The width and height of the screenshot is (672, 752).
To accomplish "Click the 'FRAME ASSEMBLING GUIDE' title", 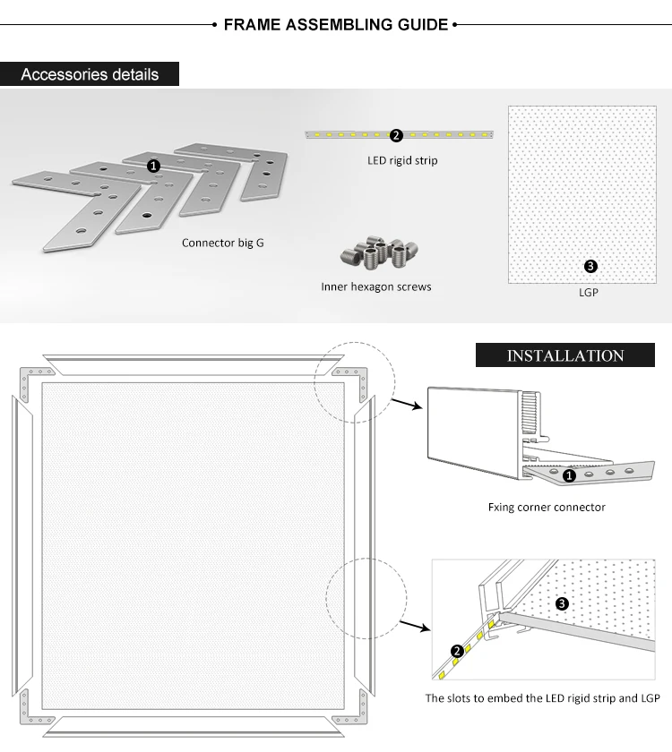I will (x=335, y=24).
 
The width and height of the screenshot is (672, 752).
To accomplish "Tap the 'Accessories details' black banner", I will (x=90, y=73).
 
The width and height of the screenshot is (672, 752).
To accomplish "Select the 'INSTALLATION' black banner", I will (x=564, y=355).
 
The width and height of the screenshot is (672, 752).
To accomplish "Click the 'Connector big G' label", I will (x=222, y=243).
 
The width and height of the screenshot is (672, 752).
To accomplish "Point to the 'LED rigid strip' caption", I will (x=402, y=161).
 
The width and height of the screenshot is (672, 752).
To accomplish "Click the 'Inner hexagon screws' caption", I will (x=376, y=286).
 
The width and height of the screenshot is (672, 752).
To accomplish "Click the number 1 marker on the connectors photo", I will (x=153, y=166).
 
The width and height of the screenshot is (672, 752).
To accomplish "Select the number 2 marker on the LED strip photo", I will (x=396, y=135).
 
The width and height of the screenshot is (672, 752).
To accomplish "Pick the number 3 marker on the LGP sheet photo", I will (x=590, y=266).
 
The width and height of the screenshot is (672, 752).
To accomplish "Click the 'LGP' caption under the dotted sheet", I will (x=588, y=292).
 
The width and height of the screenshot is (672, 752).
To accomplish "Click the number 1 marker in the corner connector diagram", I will (x=569, y=476).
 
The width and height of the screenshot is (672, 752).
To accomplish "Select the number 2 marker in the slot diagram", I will (x=457, y=651).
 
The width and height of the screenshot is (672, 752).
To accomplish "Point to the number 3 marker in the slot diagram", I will (x=562, y=603).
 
